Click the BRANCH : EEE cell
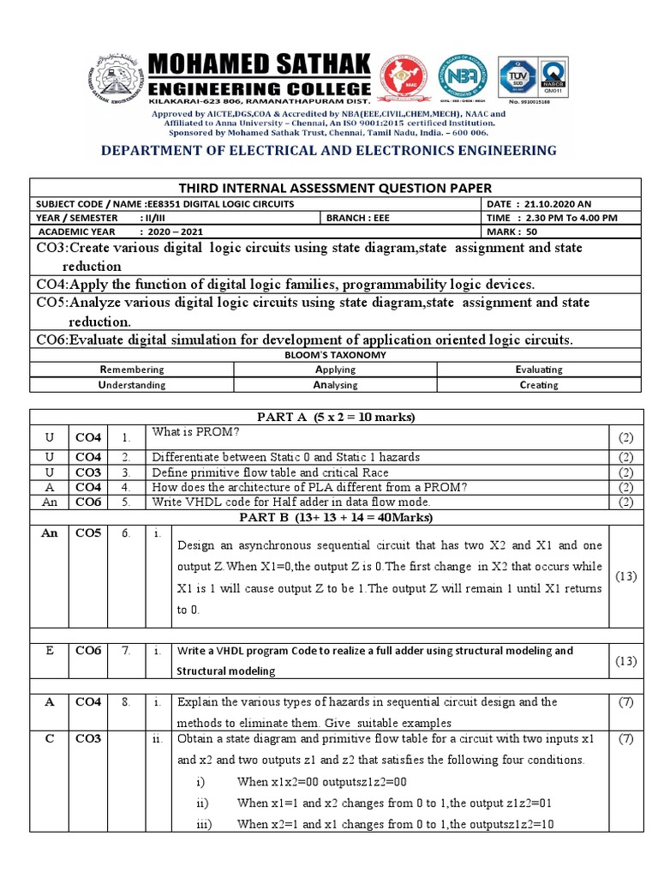[358, 217]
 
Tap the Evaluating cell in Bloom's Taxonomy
[539, 370]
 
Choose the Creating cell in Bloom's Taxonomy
[539, 385]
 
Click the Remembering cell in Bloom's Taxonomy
[131, 370]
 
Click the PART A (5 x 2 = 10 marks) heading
[336, 417]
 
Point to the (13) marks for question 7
[625, 660]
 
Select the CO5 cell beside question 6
[88, 532]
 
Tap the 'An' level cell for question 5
[50, 502]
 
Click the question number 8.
[126, 702]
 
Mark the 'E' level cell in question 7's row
[50, 650]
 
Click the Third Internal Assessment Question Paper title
[335, 188]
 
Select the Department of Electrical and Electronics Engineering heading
[329, 151]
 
